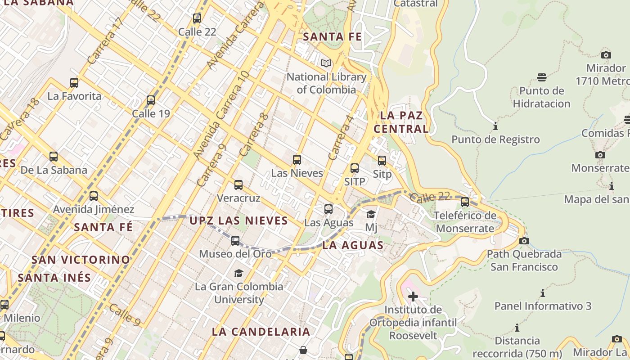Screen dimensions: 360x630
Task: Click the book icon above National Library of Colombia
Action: (x=326, y=63)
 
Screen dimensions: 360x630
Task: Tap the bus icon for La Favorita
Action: (x=74, y=83)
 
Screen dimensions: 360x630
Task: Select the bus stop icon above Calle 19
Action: (x=151, y=100)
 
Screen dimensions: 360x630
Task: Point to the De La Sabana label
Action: (x=54, y=170)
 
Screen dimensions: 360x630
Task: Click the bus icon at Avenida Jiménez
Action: (x=94, y=196)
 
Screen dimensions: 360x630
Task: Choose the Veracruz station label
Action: (x=238, y=198)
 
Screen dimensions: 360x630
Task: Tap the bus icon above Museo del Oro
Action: (x=235, y=241)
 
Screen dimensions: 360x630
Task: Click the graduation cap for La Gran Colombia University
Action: (x=238, y=273)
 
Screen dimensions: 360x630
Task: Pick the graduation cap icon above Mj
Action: (x=371, y=214)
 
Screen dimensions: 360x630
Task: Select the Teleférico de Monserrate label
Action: (x=465, y=222)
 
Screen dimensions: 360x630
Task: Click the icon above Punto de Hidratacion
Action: (x=542, y=77)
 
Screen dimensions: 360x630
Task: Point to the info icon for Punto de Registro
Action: (x=495, y=126)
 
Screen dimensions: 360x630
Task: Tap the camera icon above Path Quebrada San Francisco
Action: (x=524, y=241)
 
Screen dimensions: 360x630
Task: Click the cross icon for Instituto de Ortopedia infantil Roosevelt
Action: (x=413, y=297)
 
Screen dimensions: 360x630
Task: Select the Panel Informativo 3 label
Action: (x=543, y=306)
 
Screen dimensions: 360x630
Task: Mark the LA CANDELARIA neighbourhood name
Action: (x=261, y=332)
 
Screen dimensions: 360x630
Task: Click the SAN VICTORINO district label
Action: (x=81, y=260)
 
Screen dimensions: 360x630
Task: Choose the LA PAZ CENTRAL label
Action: (x=401, y=122)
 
